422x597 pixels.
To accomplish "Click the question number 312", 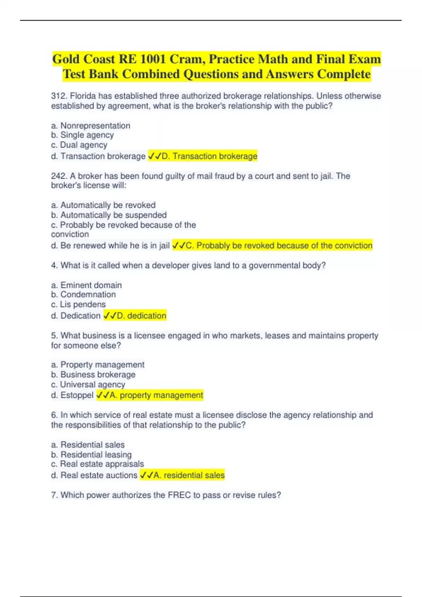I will pos(58,96).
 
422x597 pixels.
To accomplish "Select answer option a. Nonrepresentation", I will pos(91,126).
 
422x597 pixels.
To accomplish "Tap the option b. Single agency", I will pos(83,135).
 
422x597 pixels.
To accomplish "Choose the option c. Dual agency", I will pos(79,145).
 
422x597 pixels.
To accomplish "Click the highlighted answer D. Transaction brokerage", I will pos(203,156).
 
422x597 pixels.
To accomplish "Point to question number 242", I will pos(58,176).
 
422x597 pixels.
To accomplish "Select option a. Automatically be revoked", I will pos(103,205).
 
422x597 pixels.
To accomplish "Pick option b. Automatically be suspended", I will pos(109,215).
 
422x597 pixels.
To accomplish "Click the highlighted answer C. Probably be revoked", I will pos(272,245).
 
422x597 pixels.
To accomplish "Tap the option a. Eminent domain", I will pos(87,285).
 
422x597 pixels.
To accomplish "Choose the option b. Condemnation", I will pos(83,295).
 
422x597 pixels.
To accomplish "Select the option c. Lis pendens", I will pos(78,304).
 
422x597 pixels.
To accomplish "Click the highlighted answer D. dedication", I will pos(135,316).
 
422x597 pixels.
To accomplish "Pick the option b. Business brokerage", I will pos(93,375).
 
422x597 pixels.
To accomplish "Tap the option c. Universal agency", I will pos(88,385).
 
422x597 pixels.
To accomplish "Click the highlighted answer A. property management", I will pos(150,395).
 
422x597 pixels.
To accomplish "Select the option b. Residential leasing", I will pos(91,455).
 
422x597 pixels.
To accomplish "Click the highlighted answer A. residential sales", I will pos(182,475).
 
